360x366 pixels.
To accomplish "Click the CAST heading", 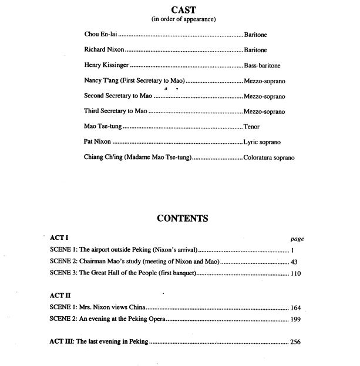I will (x=183, y=9).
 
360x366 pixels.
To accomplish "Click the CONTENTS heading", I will (x=183, y=219).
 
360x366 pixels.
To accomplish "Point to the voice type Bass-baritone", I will (x=264, y=66).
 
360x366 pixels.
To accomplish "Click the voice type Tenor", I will (x=251, y=127).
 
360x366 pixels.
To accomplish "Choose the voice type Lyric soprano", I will (x=262, y=142).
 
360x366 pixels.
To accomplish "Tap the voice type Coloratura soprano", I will (x=269, y=157).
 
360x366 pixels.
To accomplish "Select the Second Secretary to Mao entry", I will (x=118, y=96).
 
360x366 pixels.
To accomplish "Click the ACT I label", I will (x=59, y=239).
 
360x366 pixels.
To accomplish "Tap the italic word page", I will (x=297, y=239).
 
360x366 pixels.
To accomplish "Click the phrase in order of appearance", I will (x=184, y=19).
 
